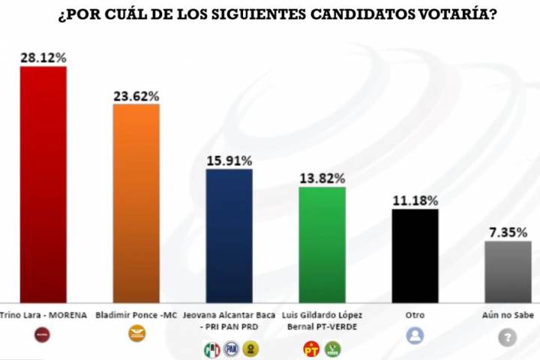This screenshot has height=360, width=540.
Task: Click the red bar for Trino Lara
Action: click(x=43, y=184)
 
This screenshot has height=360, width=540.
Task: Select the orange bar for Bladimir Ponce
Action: click(x=136, y=202)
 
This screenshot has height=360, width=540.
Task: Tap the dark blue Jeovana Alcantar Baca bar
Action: click(x=229, y=235)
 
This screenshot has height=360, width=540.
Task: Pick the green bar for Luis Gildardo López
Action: click(x=322, y=244)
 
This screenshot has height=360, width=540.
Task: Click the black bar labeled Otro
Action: click(x=415, y=255)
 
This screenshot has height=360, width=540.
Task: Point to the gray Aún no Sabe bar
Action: click(x=508, y=271)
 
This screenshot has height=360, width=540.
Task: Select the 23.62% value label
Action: click(x=136, y=96)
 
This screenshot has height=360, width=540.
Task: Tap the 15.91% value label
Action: click(x=229, y=160)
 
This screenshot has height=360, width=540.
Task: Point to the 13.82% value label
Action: click(x=322, y=178)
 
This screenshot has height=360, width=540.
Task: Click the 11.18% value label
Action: click(x=415, y=200)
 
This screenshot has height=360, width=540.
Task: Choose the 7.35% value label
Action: click(x=508, y=232)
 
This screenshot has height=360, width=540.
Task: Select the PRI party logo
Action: click(x=211, y=349)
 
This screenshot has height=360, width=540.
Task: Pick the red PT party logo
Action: click(x=311, y=349)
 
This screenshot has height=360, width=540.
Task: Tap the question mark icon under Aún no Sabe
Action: click(x=508, y=337)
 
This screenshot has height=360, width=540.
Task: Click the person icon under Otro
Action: click(x=415, y=335)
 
